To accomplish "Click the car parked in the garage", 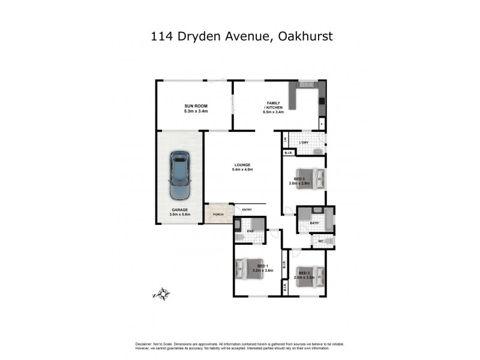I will coord(179,176).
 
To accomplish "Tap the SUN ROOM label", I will coord(196,106).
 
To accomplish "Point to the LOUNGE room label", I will coord(242,165).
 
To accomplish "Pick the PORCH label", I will coord(218,214).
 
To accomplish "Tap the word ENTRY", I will coord(247,209).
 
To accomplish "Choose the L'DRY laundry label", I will coord(304,142).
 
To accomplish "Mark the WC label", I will coord(321,241).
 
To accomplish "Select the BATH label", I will coord(314,223).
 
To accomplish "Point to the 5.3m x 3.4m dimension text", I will coord(196,111).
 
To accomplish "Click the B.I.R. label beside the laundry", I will coord(289,152).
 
